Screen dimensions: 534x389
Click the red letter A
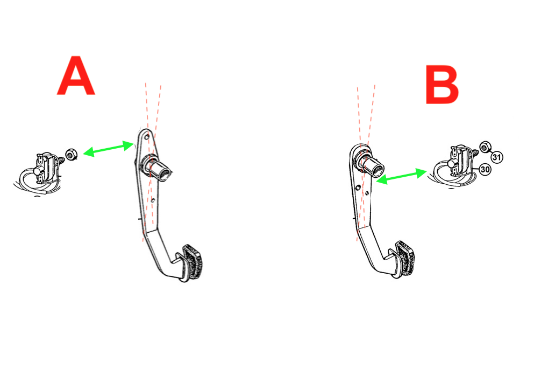tap(76, 75)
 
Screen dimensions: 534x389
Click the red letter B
tap(442, 85)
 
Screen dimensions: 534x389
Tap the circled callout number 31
tap(497, 157)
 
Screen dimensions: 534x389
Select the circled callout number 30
tap(485, 169)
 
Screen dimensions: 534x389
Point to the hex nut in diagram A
tap(71, 155)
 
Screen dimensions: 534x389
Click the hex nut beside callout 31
tap(485, 147)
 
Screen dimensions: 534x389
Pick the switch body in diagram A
tap(46, 167)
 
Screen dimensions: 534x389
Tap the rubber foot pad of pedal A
tap(193, 262)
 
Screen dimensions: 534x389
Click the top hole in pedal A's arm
tap(147, 137)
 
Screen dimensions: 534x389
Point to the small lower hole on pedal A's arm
tap(153, 200)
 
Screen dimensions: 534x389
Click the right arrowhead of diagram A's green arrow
tap(129, 145)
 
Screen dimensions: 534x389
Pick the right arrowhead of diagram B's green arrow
tap(421, 173)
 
